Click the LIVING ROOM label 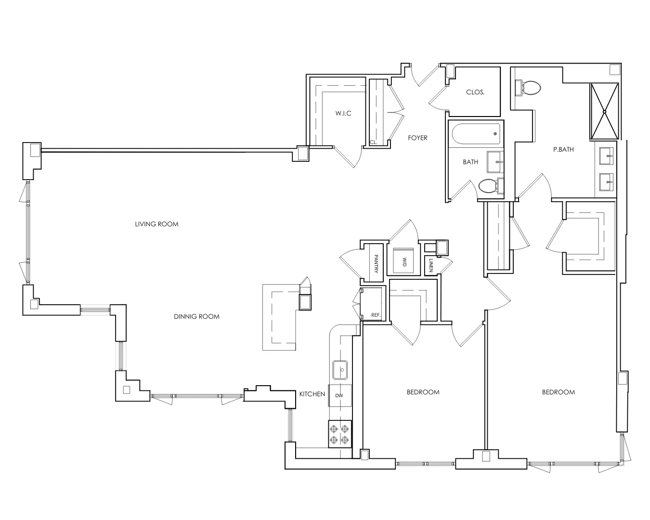click(156, 224)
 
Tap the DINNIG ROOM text click(196, 316)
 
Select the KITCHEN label click(312, 394)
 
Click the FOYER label click(417, 138)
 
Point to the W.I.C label click(343, 113)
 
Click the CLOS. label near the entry click(475, 92)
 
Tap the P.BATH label click(563, 149)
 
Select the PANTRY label click(376, 264)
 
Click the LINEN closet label click(431, 264)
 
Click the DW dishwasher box click(339, 396)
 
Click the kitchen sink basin click(340, 370)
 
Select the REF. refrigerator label click(376, 315)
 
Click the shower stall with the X click(604, 111)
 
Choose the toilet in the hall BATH click(489, 186)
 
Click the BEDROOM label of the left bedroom click(423, 392)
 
